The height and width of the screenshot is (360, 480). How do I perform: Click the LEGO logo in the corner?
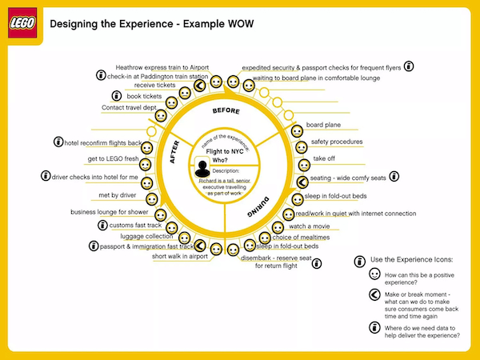point(24,22)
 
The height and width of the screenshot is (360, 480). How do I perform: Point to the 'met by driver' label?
point(117,195)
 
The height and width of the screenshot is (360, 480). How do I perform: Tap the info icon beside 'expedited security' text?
point(409,66)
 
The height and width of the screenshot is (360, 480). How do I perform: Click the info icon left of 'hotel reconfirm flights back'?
point(58,142)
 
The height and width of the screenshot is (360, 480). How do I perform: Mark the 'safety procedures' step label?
point(337,142)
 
